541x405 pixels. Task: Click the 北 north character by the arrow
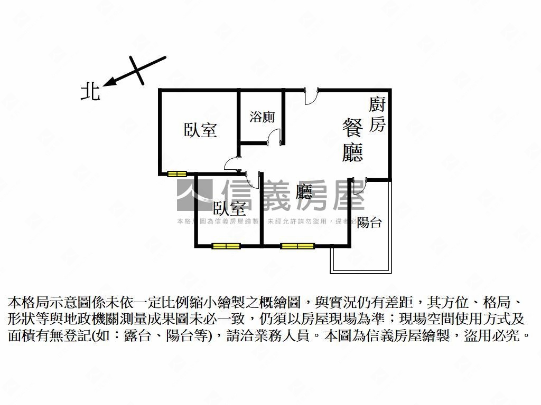point(90,91)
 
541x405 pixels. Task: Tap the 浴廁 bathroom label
point(262,117)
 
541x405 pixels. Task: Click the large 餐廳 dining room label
point(352,140)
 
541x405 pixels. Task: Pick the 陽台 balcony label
point(369,222)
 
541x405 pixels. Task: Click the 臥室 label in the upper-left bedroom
point(200,130)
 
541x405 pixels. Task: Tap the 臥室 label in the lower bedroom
point(229,209)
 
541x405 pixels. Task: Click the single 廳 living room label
point(304,191)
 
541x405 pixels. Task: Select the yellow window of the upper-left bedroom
point(177,173)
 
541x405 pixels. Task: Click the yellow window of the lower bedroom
point(226,246)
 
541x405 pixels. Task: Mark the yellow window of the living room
point(297,246)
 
